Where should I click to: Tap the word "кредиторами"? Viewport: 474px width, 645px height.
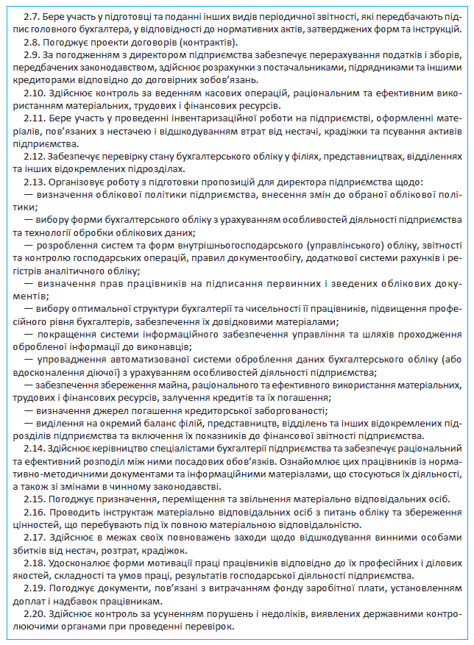click(x=43, y=80)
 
